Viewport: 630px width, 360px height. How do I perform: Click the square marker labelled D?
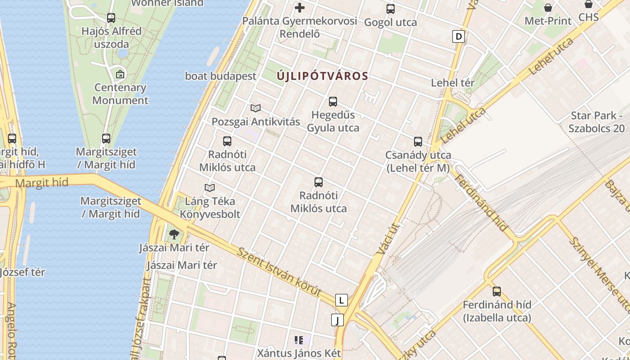(458, 36)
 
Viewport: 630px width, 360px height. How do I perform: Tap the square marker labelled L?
(342, 300)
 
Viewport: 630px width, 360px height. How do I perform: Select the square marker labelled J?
(337, 320)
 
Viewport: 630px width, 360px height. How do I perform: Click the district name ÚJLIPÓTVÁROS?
(323, 76)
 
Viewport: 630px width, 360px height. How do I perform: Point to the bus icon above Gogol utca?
(391, 9)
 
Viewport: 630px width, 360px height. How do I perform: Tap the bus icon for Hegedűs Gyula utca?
(333, 102)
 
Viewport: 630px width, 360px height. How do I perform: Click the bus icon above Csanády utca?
(418, 142)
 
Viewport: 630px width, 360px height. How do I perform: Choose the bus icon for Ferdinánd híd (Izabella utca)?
(497, 292)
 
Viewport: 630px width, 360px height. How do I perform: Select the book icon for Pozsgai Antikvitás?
(256, 108)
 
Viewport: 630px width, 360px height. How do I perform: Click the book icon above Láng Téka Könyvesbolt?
(210, 188)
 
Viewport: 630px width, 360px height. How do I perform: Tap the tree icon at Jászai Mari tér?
(174, 234)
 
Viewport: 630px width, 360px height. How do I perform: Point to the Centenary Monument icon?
(120, 74)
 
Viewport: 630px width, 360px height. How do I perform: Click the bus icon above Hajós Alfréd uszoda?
(111, 18)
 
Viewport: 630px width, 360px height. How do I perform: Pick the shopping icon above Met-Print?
(548, 8)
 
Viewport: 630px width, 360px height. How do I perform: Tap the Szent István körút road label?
(279, 272)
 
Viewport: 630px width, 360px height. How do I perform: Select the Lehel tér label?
(453, 83)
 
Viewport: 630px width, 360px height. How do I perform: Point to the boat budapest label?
(220, 76)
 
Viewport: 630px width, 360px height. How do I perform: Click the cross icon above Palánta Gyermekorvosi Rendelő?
(300, 8)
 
